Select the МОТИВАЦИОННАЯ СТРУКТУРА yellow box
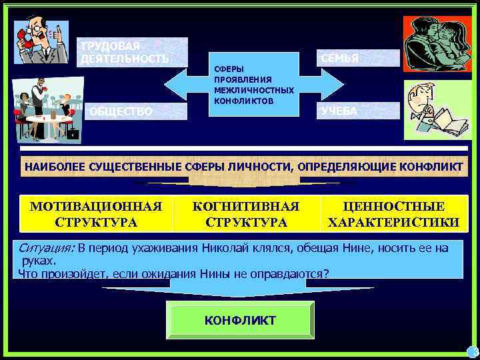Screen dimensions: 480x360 [96, 214]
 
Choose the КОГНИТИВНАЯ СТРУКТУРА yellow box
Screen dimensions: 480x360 [246, 214]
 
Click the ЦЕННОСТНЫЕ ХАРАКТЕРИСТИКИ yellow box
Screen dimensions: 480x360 [393, 214]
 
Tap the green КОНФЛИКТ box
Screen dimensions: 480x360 [240, 321]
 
